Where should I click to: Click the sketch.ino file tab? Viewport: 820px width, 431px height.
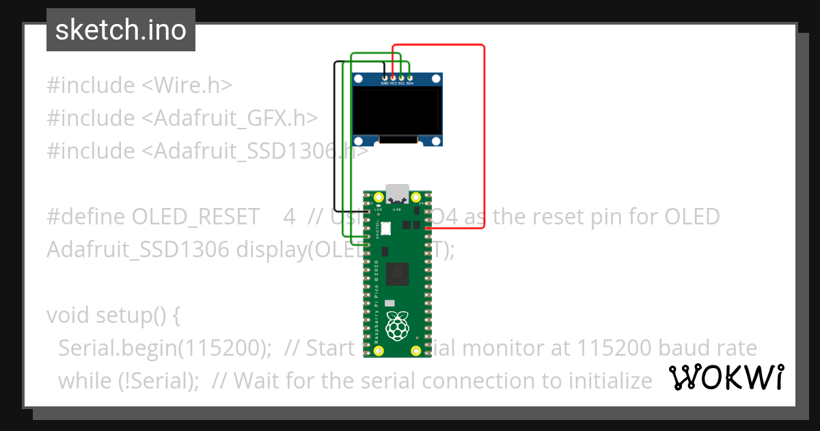point(121,30)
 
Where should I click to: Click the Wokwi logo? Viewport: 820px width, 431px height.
point(726,377)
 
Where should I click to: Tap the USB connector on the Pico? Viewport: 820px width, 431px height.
point(397,194)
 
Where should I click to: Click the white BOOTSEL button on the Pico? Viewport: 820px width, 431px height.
point(386,227)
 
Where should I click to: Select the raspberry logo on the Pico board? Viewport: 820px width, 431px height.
point(397,326)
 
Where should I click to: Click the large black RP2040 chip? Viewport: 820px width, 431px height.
point(397,274)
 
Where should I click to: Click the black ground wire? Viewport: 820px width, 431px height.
point(335,137)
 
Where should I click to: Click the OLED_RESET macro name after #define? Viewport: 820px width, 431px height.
point(195,217)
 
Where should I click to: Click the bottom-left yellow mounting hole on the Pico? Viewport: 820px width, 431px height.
point(378,351)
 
